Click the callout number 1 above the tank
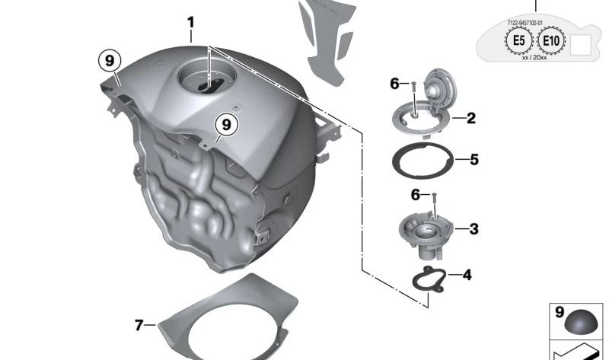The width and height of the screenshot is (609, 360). (190, 24)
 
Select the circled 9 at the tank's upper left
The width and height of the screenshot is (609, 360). (110, 60)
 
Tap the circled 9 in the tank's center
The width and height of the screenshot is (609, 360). (225, 123)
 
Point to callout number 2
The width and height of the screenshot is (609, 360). (471, 118)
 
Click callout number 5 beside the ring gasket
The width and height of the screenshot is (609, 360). (473, 160)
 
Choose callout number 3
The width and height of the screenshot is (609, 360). (473, 228)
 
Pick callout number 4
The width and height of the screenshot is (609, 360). (467, 275)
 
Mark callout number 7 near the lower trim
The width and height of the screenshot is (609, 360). (139, 325)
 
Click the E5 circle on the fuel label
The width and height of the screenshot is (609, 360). (518, 42)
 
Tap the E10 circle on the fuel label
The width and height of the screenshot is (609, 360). (551, 42)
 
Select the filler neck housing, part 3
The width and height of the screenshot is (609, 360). (427, 228)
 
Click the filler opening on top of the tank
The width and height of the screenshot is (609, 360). (203, 80)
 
